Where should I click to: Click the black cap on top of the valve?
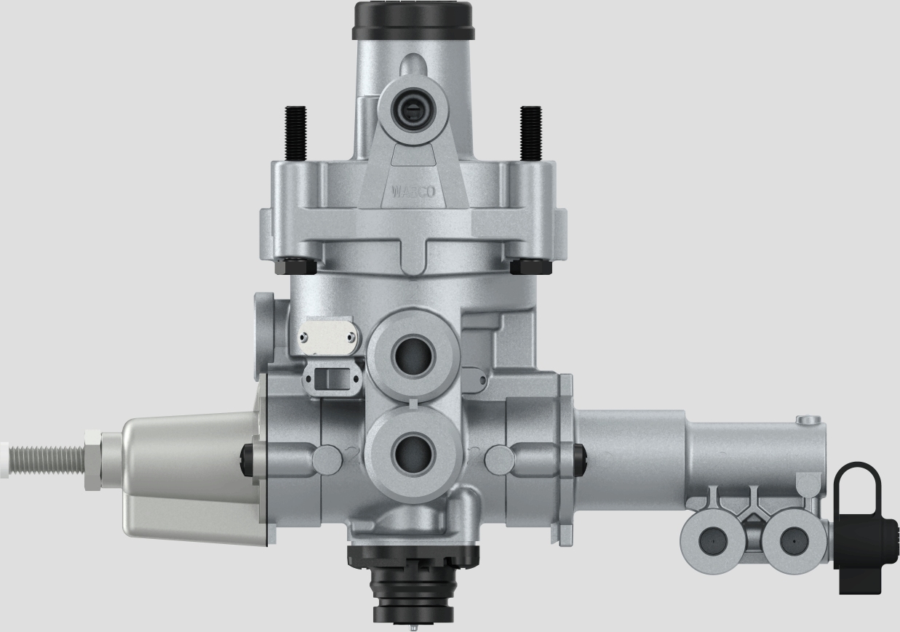[413, 20]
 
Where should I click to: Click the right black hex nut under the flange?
[530, 266]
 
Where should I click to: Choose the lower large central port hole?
[413, 454]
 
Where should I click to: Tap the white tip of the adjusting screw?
[4, 460]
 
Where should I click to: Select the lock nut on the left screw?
[92, 459]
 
